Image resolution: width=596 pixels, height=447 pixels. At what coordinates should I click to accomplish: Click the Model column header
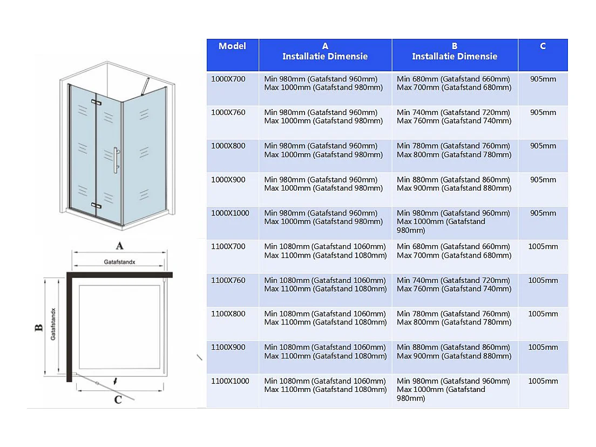point(232,46)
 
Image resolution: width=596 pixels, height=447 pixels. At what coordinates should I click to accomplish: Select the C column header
point(543,46)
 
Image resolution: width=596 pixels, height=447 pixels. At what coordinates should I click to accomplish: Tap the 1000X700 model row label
point(228,79)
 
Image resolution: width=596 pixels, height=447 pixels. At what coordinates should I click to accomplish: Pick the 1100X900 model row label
point(228,348)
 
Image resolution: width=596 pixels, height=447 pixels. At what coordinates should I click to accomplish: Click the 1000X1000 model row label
point(231,213)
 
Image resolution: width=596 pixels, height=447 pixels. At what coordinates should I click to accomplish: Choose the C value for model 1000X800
point(543,146)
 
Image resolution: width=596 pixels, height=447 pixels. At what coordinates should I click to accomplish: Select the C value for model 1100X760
point(543,281)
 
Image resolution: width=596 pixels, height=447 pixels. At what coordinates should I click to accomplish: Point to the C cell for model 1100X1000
point(543,381)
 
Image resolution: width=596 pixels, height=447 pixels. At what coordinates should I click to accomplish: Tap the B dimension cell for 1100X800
point(453,318)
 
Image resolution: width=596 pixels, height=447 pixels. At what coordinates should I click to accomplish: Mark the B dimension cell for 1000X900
point(453,184)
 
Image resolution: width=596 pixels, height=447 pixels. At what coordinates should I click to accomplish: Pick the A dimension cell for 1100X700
point(325,251)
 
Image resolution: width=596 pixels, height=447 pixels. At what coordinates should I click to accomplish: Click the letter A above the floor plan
point(120,246)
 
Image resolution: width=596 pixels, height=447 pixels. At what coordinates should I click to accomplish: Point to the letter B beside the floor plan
point(39,328)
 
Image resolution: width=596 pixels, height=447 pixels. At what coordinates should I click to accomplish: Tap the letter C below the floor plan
point(118,400)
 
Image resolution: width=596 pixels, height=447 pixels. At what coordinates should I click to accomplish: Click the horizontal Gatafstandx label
point(119,262)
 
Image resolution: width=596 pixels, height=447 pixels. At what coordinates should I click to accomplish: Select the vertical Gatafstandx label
point(53,324)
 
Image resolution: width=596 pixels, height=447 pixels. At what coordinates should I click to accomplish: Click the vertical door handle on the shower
point(116,161)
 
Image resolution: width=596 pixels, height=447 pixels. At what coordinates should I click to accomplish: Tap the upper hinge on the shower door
point(97,102)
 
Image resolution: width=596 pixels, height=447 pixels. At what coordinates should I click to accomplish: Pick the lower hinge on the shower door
point(97,206)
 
